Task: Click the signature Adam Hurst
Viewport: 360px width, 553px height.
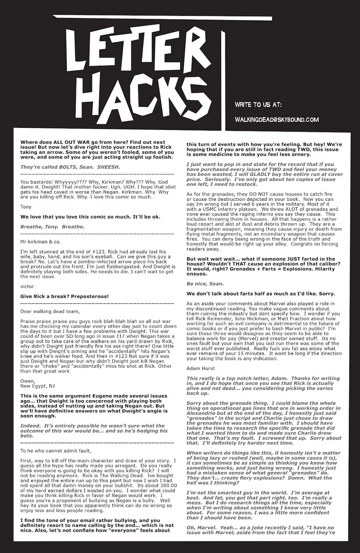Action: [200, 369]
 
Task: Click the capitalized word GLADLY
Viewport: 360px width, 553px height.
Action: [278, 174]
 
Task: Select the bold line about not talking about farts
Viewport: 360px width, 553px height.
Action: [260, 293]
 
